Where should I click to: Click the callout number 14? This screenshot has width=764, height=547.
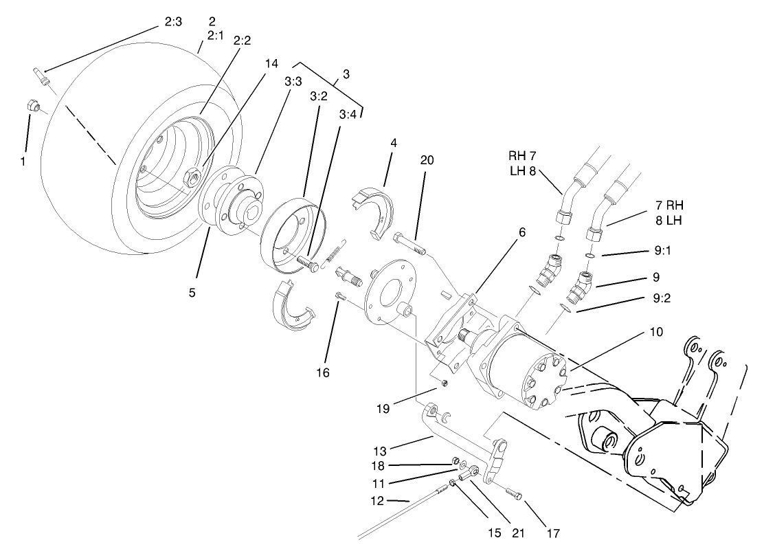click(x=271, y=63)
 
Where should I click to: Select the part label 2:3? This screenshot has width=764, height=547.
click(x=173, y=22)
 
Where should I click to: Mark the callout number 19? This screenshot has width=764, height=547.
click(x=383, y=408)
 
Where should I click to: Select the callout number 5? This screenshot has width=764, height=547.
click(x=192, y=292)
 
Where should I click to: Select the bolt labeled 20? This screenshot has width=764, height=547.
click(x=409, y=244)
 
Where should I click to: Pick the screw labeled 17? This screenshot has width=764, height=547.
click(x=514, y=494)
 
